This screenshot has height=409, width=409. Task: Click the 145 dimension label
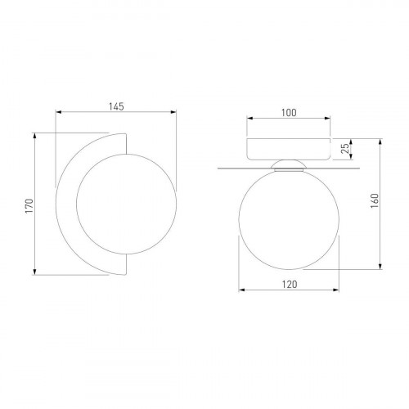[x=116, y=106]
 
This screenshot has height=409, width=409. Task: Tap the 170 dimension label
[x=29, y=206]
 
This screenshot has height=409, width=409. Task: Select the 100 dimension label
[x=289, y=113]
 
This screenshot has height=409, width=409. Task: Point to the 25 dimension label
[x=345, y=149]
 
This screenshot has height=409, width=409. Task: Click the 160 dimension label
[x=375, y=201]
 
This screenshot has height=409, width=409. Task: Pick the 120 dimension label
[x=290, y=285]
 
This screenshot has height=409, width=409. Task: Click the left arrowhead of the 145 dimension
[x=58, y=112]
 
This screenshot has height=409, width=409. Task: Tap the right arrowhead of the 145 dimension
[x=173, y=112]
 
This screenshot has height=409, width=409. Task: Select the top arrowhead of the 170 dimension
[x=34, y=136]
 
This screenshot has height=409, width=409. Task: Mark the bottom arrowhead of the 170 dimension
[x=34, y=272]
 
